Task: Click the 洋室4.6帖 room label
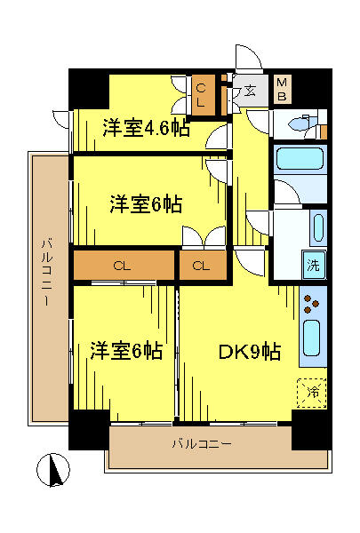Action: [x=147, y=127]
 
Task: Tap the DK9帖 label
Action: [x=250, y=352]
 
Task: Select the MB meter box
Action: [x=282, y=89]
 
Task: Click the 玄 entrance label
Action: [x=250, y=91]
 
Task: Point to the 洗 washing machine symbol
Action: [x=314, y=265]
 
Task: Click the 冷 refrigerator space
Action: [x=312, y=393]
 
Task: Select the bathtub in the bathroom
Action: [x=300, y=158]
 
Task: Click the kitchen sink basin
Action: [x=312, y=338]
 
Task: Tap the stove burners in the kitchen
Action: [x=311, y=304]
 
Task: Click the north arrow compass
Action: [x=53, y=471]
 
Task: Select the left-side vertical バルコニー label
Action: [x=47, y=271]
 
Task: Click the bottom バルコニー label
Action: [x=202, y=444]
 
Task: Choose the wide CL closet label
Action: [x=122, y=266]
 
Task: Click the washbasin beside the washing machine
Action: [x=319, y=228]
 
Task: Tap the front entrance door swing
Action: [x=249, y=57]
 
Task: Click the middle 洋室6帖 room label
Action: [x=147, y=204]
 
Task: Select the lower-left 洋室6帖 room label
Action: [x=126, y=351]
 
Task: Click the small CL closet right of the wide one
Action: [x=201, y=266]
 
